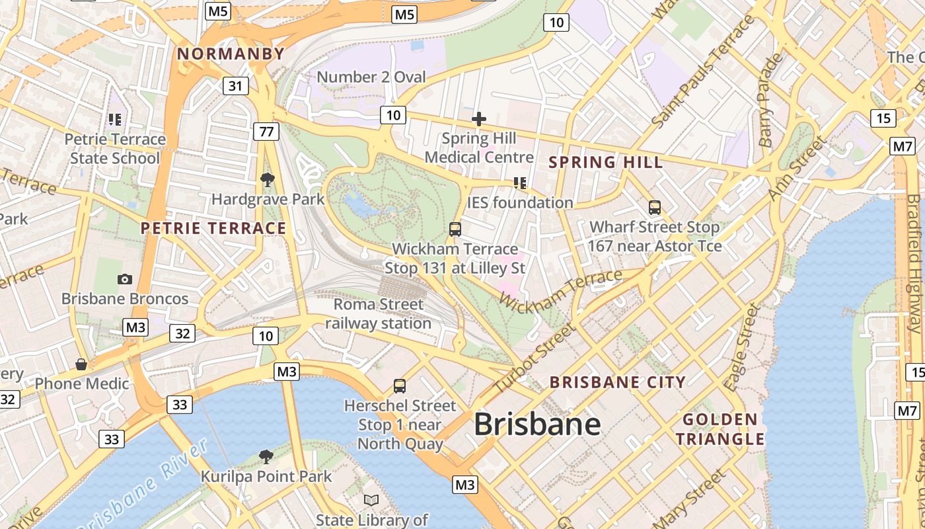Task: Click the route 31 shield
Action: tap(236, 85)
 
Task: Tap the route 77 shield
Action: tap(266, 132)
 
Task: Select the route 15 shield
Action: tap(883, 118)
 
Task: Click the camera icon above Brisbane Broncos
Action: tap(125, 280)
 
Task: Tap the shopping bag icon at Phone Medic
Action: tap(81, 364)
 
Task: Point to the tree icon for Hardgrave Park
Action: tap(268, 179)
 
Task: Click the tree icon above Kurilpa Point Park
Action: tap(266, 456)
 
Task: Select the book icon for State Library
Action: tap(372, 501)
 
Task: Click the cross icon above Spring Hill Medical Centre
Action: tap(479, 119)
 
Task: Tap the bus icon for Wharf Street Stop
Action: tap(655, 208)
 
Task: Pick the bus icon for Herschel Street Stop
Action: tap(400, 386)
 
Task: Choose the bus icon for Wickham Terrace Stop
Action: tap(455, 229)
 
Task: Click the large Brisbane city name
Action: tap(537, 424)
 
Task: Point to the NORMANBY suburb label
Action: tap(231, 54)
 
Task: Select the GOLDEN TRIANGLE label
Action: tap(720, 429)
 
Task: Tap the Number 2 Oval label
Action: tap(371, 77)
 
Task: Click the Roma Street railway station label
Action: tap(378, 314)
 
